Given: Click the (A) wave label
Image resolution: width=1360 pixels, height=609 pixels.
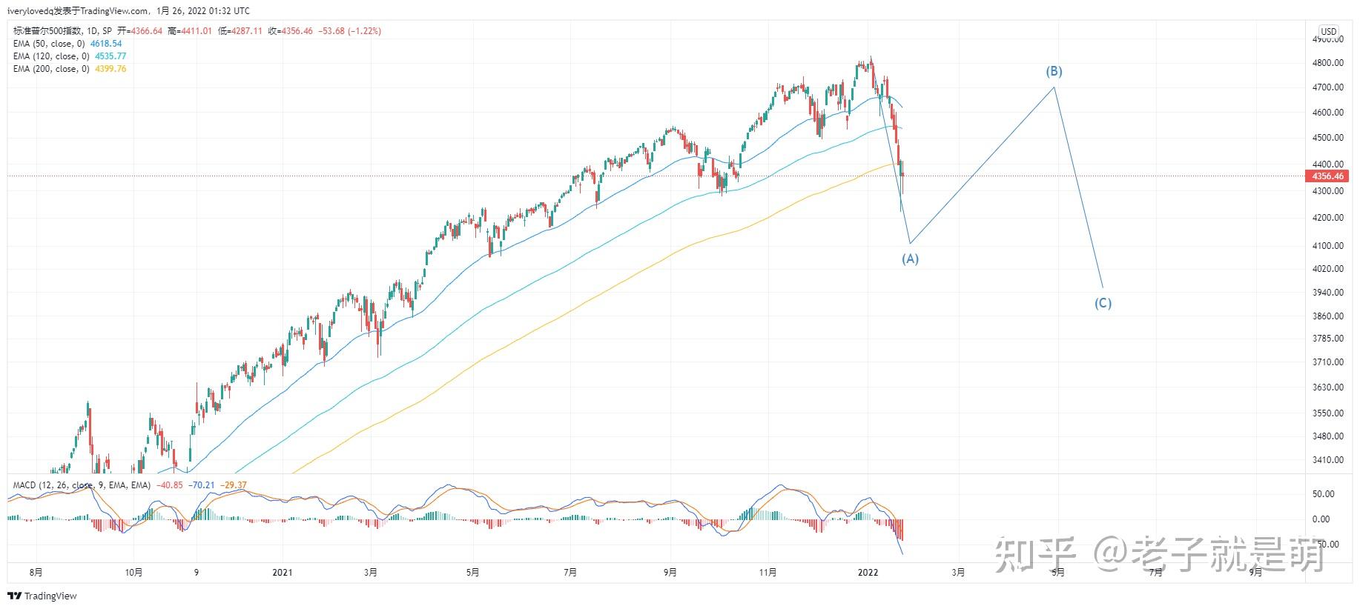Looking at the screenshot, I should click(x=910, y=259).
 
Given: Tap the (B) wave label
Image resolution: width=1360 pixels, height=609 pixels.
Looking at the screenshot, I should click(x=1054, y=71).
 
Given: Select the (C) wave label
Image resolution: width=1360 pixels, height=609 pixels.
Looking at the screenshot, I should click(x=1103, y=303).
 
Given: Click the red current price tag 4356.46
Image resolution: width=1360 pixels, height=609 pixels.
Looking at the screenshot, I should click(x=1327, y=176).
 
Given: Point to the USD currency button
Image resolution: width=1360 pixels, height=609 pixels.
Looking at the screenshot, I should click(x=1328, y=31).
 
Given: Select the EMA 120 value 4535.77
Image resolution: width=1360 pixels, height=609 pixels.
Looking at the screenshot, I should click(x=110, y=56).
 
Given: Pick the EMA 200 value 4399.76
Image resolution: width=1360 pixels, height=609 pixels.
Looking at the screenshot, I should click(x=110, y=69).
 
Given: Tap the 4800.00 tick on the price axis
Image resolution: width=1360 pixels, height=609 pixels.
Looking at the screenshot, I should click(x=1327, y=63).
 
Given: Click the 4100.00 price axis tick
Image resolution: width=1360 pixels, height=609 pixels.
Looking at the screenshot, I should click(x=1327, y=245).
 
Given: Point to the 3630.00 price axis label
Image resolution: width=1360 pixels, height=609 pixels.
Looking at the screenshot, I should click(x=1327, y=387).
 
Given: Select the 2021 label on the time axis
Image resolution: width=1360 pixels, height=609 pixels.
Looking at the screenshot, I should click(x=283, y=572).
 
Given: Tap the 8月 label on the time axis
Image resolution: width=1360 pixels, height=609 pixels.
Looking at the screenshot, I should click(x=36, y=572).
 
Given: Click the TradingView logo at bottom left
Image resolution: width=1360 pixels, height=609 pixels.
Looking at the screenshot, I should click(x=42, y=596).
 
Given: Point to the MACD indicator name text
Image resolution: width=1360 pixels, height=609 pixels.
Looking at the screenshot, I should click(x=24, y=485).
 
